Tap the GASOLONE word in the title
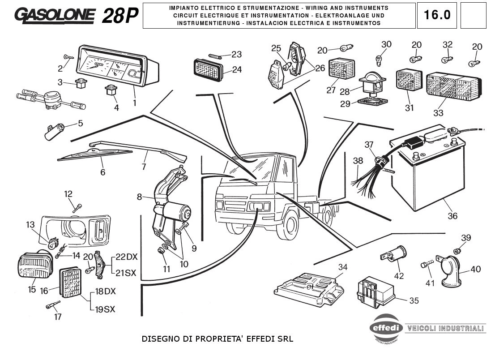pyautogui.click(x=55, y=16)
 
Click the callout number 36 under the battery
pyautogui.click(x=452, y=216)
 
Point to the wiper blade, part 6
pyautogui.click(x=95, y=154)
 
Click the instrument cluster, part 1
pyautogui.click(x=117, y=67)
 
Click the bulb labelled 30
pyautogui.click(x=378, y=59)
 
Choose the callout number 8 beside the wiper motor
pyautogui.click(x=140, y=197)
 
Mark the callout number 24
pyautogui.click(x=237, y=69)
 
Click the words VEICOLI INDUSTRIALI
pyautogui.click(x=445, y=328)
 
